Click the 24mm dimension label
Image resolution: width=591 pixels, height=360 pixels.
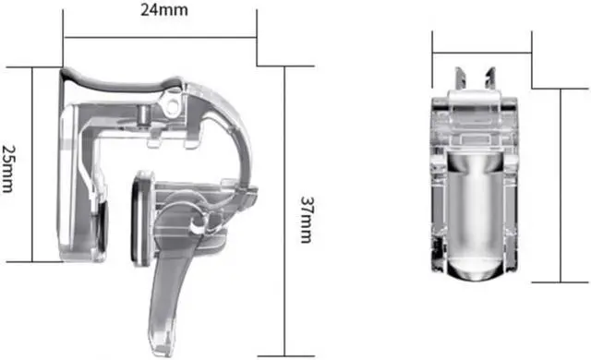(164, 10)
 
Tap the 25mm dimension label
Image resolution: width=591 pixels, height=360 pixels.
(8, 168)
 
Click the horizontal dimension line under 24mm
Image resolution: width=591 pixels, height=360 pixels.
(160, 37)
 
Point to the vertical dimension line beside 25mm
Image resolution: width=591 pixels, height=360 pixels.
(32, 164)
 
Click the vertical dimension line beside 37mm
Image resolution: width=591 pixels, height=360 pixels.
(285, 211)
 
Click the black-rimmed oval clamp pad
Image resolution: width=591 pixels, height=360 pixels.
(140, 218)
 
